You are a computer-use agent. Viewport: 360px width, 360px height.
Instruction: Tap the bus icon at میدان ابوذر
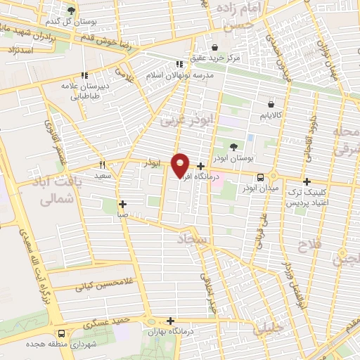pyautogui.click(x=261, y=177)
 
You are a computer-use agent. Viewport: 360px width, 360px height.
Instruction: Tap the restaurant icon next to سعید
pyautogui.click(x=103, y=164)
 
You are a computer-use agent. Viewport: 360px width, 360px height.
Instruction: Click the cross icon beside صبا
pyautogui.click(x=123, y=204)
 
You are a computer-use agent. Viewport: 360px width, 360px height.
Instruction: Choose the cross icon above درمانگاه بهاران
pyautogui.click(x=171, y=319)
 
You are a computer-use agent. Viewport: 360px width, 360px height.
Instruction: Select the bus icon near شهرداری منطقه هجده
pyautogui.click(x=62, y=335)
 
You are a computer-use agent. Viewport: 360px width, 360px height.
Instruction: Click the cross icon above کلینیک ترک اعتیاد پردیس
pyautogui.click(x=307, y=181)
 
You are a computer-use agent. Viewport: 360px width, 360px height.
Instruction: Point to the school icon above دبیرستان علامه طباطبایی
pyautogui.click(x=84, y=75)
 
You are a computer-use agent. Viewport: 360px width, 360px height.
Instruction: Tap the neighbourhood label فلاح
pyautogui.click(x=309, y=246)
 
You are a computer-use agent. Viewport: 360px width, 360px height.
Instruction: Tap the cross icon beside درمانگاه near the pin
pyautogui.click(x=201, y=167)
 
